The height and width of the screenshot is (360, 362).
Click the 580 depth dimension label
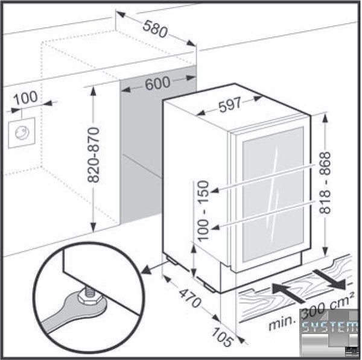(155, 30)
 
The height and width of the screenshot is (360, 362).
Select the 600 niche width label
(157, 83)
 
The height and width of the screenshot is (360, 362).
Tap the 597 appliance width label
(230, 105)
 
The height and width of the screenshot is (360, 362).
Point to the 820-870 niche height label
(94, 155)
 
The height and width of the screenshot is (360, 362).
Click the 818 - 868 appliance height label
(325, 183)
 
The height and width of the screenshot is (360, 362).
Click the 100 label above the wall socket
(25, 98)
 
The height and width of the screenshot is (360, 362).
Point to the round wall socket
(22, 133)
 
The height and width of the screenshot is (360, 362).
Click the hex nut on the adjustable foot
(89, 298)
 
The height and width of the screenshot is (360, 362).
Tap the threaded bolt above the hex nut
(90, 290)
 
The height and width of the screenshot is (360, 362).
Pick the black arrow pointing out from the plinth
(330, 280)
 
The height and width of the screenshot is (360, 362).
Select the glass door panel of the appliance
(273, 194)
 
